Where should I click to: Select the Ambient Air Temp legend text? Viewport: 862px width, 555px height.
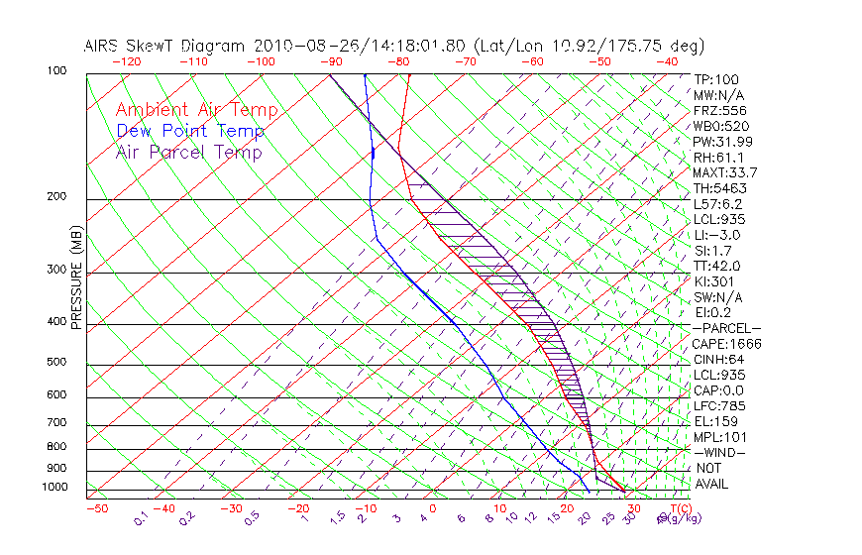(x=196, y=110)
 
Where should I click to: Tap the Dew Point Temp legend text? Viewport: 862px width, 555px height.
(x=190, y=131)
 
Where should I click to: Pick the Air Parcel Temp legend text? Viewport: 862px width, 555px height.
(x=188, y=152)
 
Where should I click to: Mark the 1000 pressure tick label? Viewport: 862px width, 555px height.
(x=57, y=488)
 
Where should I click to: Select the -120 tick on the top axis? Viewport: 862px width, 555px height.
(x=126, y=61)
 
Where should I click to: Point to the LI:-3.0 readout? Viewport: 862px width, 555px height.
(x=716, y=235)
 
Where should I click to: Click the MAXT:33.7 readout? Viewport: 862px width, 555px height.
(x=724, y=172)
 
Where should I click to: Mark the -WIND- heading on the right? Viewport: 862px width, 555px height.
(x=719, y=452)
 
